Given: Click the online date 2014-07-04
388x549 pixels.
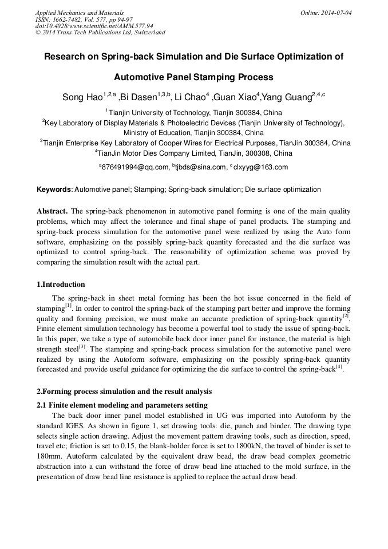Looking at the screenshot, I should (335, 13).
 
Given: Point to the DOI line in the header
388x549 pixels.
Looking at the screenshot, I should (94, 26).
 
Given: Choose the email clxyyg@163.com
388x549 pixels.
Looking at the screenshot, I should (261, 167).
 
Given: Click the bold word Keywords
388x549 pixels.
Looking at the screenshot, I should (54, 189).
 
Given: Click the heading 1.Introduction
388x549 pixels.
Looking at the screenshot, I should (61, 285).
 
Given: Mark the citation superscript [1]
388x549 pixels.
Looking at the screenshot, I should (68, 306).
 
